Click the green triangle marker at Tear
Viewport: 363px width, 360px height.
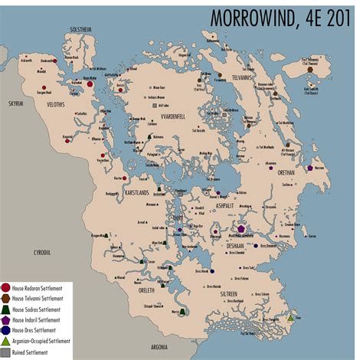290,316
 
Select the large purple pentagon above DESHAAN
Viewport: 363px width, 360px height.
242,228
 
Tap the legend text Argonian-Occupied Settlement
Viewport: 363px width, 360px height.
44,342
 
